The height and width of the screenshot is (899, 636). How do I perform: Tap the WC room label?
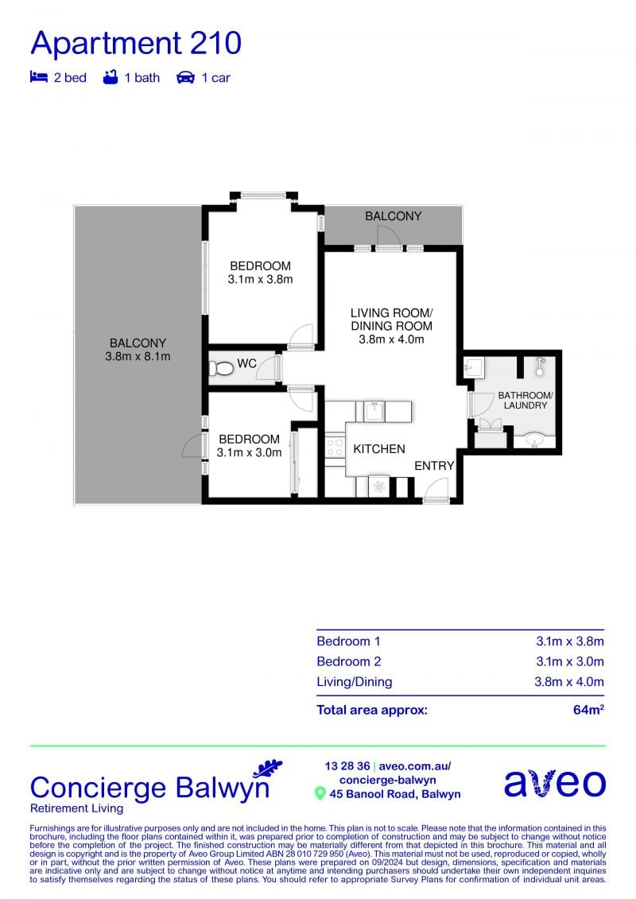(x=246, y=363)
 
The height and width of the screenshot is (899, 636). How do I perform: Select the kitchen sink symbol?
(x=374, y=411)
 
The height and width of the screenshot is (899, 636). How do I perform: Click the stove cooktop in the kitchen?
(x=335, y=448)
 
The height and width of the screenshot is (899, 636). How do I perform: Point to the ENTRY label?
(x=434, y=466)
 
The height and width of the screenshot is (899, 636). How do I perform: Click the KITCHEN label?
(x=379, y=449)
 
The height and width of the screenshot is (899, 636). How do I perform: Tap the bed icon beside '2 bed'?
(x=38, y=77)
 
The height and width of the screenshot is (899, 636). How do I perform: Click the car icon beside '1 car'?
(x=185, y=77)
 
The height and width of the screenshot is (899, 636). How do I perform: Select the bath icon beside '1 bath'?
(x=111, y=77)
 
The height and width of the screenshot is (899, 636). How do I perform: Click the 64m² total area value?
(x=588, y=710)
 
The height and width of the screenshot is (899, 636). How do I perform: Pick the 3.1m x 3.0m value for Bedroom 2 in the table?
(x=570, y=661)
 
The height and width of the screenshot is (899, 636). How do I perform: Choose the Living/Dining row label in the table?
(x=355, y=682)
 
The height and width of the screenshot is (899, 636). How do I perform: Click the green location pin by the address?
(x=320, y=794)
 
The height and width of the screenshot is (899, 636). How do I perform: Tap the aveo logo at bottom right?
(x=555, y=783)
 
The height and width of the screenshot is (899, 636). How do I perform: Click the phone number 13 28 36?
(x=347, y=766)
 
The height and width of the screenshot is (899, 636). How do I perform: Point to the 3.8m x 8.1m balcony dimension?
(x=138, y=357)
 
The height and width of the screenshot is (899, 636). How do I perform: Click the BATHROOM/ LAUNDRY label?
(x=525, y=400)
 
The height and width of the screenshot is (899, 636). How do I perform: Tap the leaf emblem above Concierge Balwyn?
(x=269, y=768)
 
